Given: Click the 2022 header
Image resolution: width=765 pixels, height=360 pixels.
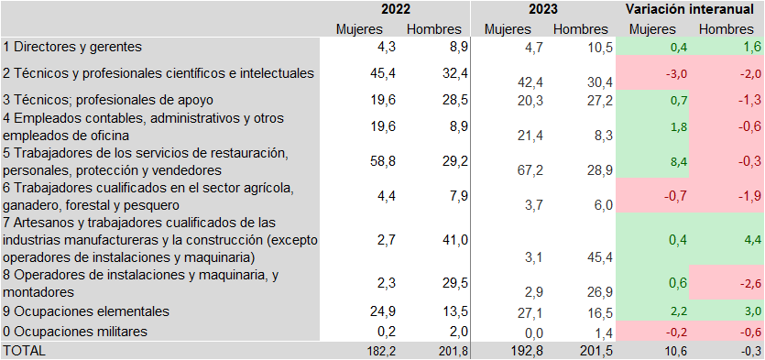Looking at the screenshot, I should [x=396, y=10].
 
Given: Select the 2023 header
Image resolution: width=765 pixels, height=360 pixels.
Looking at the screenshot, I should [x=545, y=10].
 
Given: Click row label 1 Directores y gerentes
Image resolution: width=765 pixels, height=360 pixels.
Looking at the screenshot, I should [x=73, y=46].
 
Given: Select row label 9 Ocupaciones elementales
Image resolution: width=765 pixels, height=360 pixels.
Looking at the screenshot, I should [x=86, y=311].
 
